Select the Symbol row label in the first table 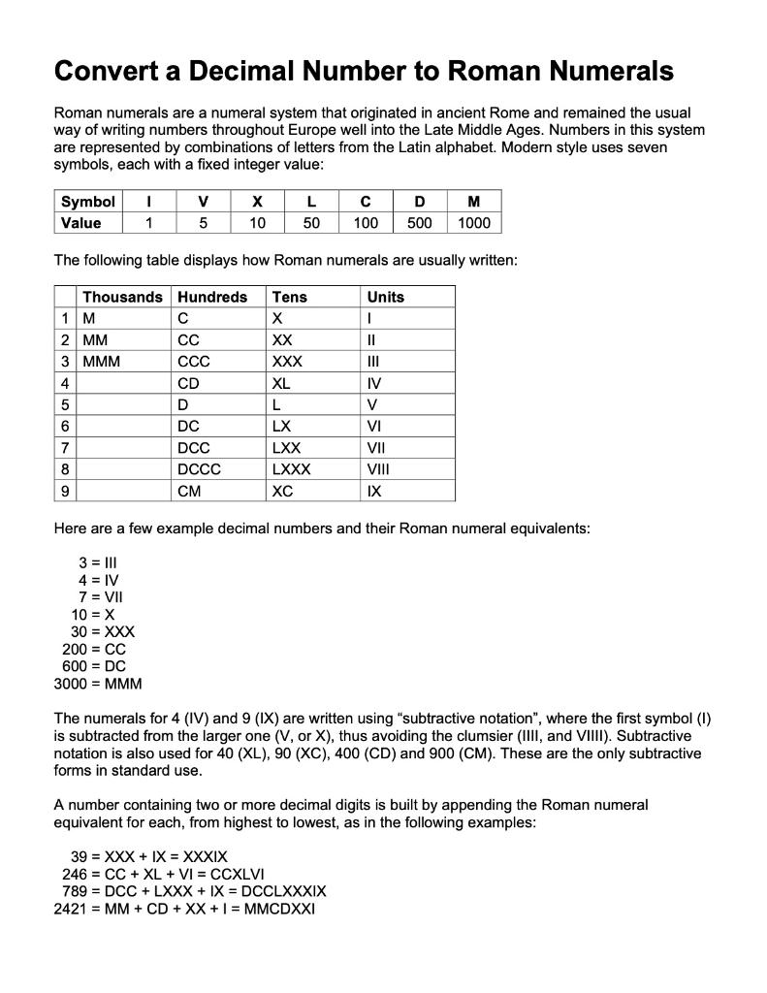87,202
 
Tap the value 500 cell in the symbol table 419,223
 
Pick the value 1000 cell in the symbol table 473,223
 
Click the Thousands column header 122,297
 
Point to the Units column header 385,297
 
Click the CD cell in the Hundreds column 189,383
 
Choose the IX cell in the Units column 374,492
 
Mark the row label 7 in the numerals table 64,448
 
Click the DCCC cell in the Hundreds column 200,469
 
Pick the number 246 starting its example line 75,874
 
